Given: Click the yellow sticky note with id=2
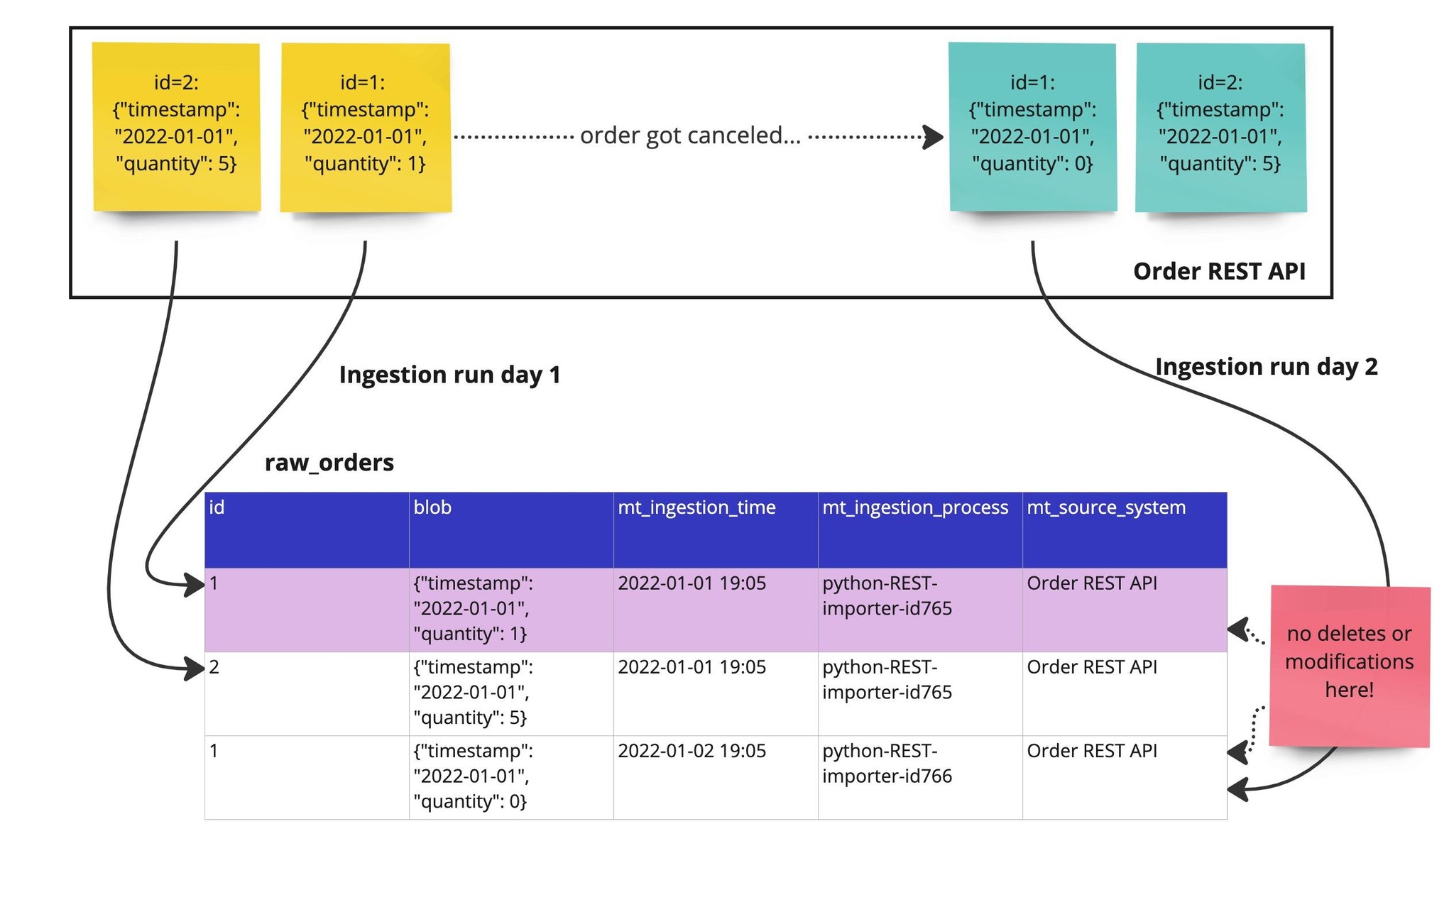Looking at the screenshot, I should [x=177, y=126].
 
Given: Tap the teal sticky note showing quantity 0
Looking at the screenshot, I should [x=1033, y=126].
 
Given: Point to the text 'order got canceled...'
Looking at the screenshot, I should [x=690, y=135].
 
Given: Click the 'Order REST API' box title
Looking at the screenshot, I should [x=1219, y=271].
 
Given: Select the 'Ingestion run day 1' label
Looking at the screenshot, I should [x=449, y=375].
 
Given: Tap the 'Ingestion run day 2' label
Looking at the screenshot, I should [x=1266, y=366].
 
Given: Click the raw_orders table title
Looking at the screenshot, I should [x=329, y=463].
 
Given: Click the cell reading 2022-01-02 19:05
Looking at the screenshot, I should [x=692, y=751].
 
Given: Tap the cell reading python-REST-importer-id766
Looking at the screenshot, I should [x=887, y=764].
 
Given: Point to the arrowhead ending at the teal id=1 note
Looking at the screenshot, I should [x=933, y=137].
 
